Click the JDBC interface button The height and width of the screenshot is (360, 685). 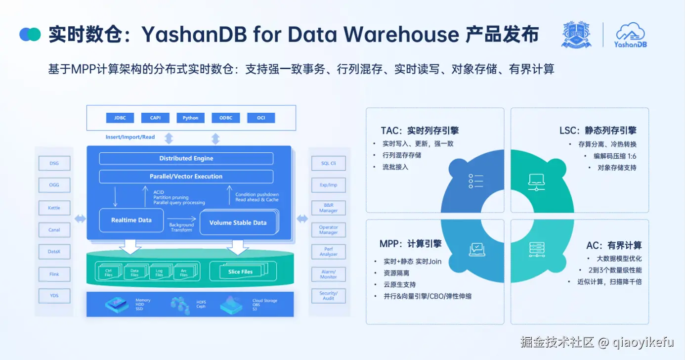pos(120,118)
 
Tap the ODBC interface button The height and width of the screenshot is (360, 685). pos(226,118)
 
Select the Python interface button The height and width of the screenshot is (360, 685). pos(190,118)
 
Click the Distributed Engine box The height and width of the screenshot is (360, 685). pos(186,158)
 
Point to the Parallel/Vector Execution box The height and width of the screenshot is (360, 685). pos(186,177)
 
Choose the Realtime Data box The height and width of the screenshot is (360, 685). pos(131,220)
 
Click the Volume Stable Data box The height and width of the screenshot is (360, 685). pos(238,223)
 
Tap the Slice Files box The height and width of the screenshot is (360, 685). pos(241,271)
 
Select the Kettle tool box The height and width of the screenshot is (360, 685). pos(54,208)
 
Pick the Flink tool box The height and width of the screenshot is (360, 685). pos(54,274)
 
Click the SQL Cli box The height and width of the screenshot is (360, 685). pos(328,163)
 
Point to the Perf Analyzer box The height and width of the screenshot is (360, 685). pos(328,252)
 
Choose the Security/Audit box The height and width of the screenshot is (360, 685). pos(328,296)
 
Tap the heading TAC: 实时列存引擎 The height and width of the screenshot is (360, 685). pos(420,131)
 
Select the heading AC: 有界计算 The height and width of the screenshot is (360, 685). pos(614,245)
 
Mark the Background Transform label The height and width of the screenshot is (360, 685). pos(181,227)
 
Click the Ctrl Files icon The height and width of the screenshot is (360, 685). pos(109,272)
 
